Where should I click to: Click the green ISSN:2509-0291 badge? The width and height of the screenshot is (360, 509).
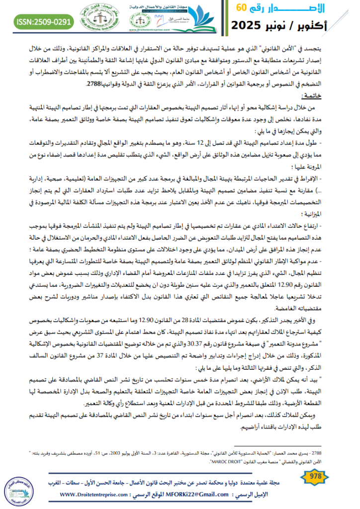pyautogui.click(x=45, y=22)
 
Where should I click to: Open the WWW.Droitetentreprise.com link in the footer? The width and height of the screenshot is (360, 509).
pyautogui.click(x=97, y=495)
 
